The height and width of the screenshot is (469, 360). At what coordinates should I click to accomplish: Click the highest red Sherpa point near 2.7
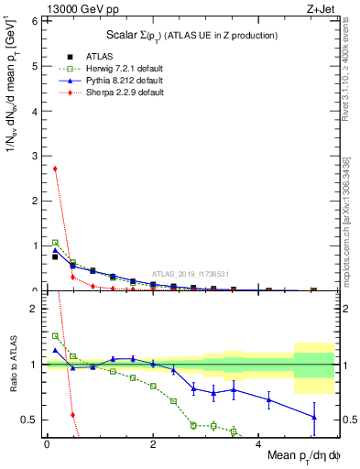pos(55,169)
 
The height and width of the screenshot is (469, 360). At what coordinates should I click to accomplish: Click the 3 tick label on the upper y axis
pos(35,156)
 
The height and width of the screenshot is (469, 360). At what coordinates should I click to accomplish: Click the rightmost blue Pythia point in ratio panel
pos(314,417)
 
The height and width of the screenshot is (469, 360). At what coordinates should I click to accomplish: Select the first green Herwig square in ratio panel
pos(55,336)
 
